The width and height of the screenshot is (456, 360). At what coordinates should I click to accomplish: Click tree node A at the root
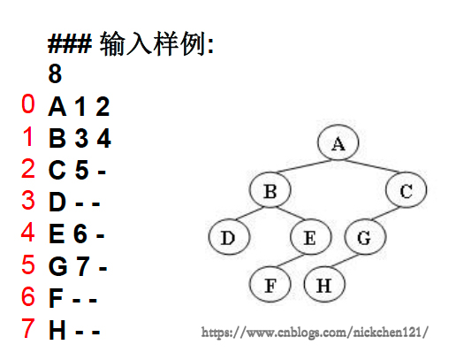[x=338, y=142]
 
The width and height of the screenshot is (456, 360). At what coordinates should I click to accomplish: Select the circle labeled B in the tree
[x=270, y=189]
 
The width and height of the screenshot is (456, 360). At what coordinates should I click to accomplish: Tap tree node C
[x=406, y=189]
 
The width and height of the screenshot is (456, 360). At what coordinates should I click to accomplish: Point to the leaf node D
[x=229, y=236]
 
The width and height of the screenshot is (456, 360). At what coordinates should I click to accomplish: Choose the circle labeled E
[x=311, y=236]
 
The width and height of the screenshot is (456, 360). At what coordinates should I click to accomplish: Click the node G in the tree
[x=365, y=236]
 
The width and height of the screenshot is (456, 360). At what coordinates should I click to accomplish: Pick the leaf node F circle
[x=270, y=284]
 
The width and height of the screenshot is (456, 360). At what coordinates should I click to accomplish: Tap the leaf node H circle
[x=324, y=284]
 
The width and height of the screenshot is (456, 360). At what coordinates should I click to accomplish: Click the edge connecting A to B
[x=304, y=166]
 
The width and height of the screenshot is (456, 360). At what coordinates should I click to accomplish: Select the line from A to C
[x=372, y=166]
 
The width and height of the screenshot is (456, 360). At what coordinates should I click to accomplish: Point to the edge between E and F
[x=291, y=260]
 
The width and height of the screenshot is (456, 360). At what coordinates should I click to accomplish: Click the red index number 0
[x=28, y=103]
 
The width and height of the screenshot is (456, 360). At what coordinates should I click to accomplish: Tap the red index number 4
[x=28, y=232]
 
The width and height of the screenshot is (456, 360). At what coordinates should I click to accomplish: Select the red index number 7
[x=28, y=328]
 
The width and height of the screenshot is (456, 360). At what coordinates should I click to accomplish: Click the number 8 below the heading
[x=55, y=73]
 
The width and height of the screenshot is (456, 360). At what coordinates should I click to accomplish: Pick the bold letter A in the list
[x=57, y=106]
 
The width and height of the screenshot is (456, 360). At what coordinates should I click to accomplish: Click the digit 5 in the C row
[x=82, y=170]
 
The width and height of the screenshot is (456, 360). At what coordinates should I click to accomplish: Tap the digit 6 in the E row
[x=80, y=234]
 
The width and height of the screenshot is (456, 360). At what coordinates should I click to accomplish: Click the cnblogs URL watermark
[x=315, y=333]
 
